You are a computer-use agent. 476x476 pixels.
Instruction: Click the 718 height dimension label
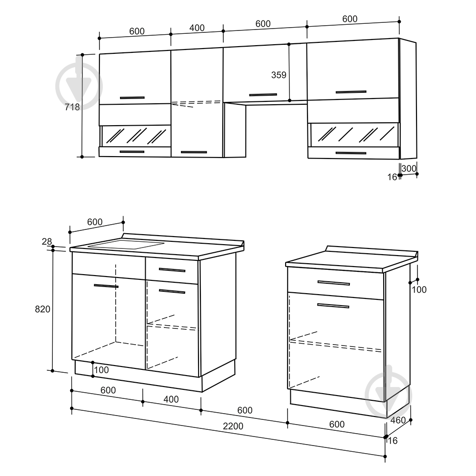pos(72,107)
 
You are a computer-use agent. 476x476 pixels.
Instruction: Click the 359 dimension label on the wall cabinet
pos(278,75)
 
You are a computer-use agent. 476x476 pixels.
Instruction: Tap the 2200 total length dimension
pos(233,426)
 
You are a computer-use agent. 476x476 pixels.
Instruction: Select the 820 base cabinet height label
pos(42,309)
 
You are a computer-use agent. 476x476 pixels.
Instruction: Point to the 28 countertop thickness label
pos(47,242)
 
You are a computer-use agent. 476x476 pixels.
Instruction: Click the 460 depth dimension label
pos(398,420)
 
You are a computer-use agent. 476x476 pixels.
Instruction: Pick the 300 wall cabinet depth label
pos(408,168)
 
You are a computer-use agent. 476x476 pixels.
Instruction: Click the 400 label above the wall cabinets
pos(197,28)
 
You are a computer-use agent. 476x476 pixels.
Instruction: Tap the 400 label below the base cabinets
pos(171,399)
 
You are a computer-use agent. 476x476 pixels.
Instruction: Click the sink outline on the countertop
pos(126,244)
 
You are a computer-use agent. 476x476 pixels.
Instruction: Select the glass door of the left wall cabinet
pos(136,136)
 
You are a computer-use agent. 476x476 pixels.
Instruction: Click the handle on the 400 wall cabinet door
pos(194,152)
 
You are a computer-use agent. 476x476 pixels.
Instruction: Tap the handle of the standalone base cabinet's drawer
pos(334,283)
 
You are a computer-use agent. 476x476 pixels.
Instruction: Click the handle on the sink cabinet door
pos(106,286)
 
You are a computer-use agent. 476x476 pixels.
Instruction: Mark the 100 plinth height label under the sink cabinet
pos(101,370)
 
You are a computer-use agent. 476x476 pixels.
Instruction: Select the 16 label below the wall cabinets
pos(392,177)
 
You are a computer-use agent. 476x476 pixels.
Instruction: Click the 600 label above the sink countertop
pos(95,222)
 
